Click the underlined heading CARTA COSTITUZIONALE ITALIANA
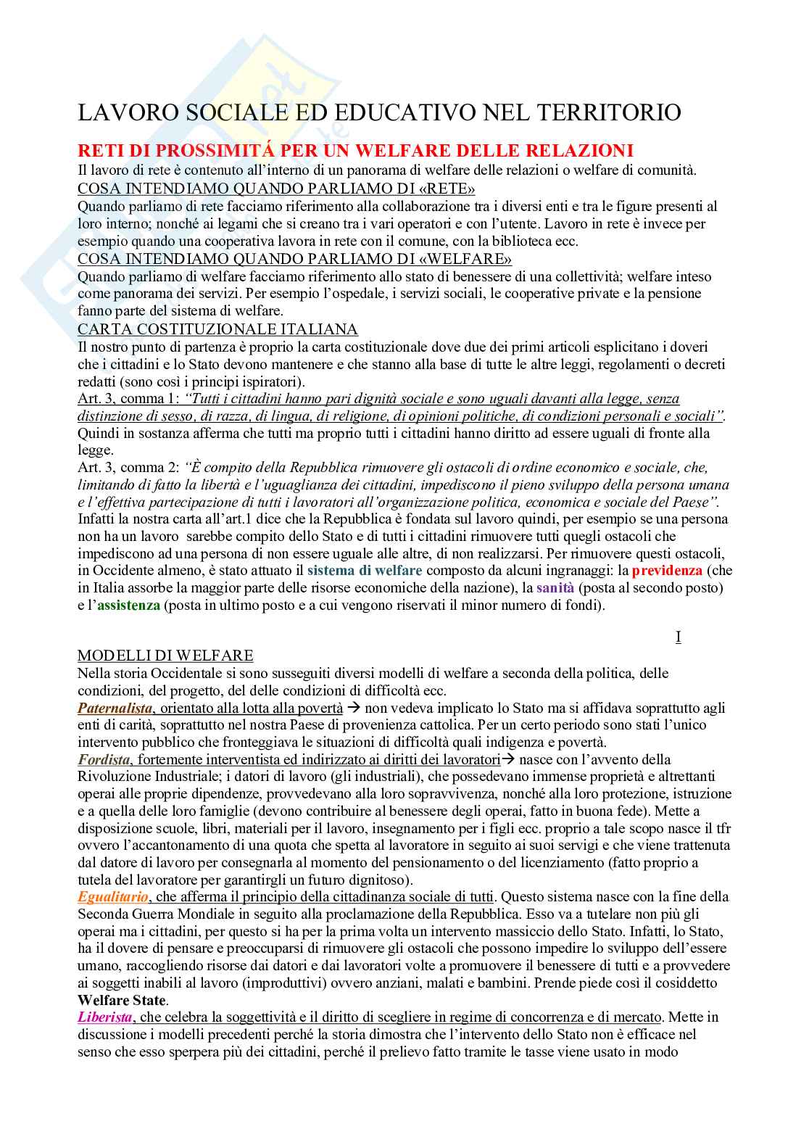point(217,329)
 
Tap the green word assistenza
point(128,605)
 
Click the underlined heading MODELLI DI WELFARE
point(165,656)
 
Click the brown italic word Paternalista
point(115,708)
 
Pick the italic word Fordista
point(104,759)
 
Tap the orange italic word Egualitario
point(113,897)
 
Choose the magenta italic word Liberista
point(106,1017)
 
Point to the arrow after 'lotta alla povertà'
point(354,708)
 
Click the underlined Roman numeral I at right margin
point(678,637)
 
